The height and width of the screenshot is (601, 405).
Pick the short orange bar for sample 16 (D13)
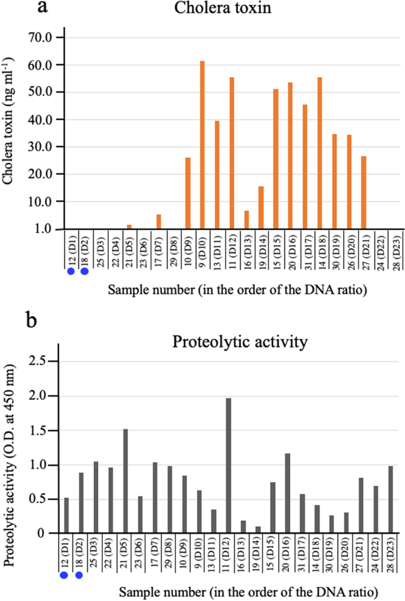[247, 219]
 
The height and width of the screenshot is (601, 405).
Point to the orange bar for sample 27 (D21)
[364, 192]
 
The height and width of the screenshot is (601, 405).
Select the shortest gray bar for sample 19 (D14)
[258, 529]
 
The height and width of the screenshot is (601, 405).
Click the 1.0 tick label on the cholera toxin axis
[43, 229]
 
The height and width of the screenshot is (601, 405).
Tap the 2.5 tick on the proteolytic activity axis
[44, 362]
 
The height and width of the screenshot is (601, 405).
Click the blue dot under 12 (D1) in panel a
[70, 271]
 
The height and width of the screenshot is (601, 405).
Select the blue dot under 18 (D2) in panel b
[78, 575]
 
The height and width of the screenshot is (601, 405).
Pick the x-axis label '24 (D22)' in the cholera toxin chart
[378, 249]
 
